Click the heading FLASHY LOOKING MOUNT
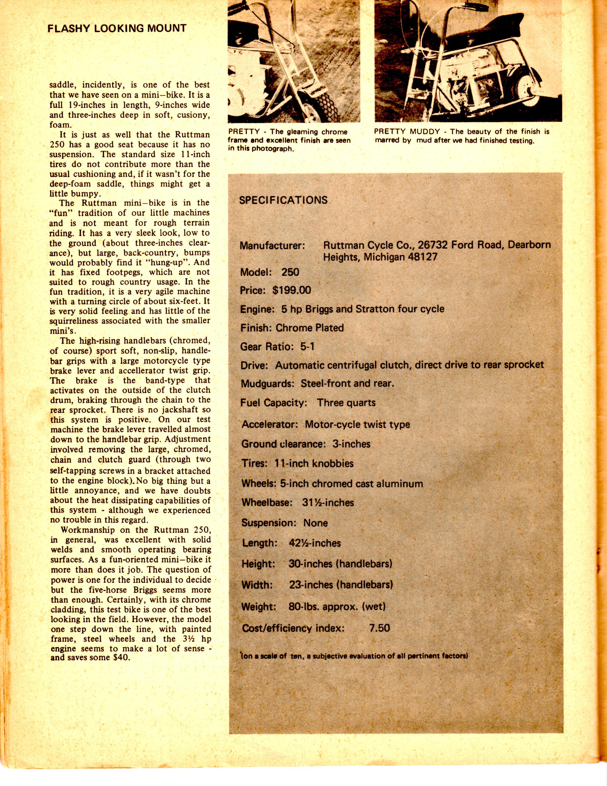(117, 28)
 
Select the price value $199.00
(292, 290)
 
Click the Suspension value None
(315, 523)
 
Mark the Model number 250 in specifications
(290, 272)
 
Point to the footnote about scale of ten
(354, 655)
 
